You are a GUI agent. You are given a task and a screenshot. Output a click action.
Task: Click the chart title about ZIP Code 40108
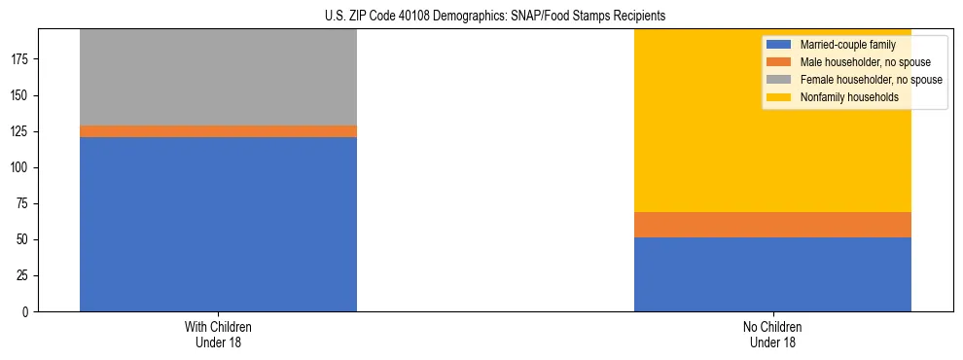click(x=495, y=17)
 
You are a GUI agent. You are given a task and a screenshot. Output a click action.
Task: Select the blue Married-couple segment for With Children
click(x=218, y=224)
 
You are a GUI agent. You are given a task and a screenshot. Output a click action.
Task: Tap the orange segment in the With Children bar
click(x=218, y=131)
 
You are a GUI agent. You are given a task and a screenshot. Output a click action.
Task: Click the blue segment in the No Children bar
click(x=772, y=274)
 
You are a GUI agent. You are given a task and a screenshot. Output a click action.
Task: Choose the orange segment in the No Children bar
click(x=772, y=225)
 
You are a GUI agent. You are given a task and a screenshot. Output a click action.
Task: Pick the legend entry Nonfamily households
click(x=842, y=97)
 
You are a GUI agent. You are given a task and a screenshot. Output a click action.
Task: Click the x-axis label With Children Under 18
click(x=218, y=334)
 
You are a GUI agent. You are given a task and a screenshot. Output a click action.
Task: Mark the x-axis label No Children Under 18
click(x=772, y=334)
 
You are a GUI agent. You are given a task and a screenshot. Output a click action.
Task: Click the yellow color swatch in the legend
click(x=779, y=97)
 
